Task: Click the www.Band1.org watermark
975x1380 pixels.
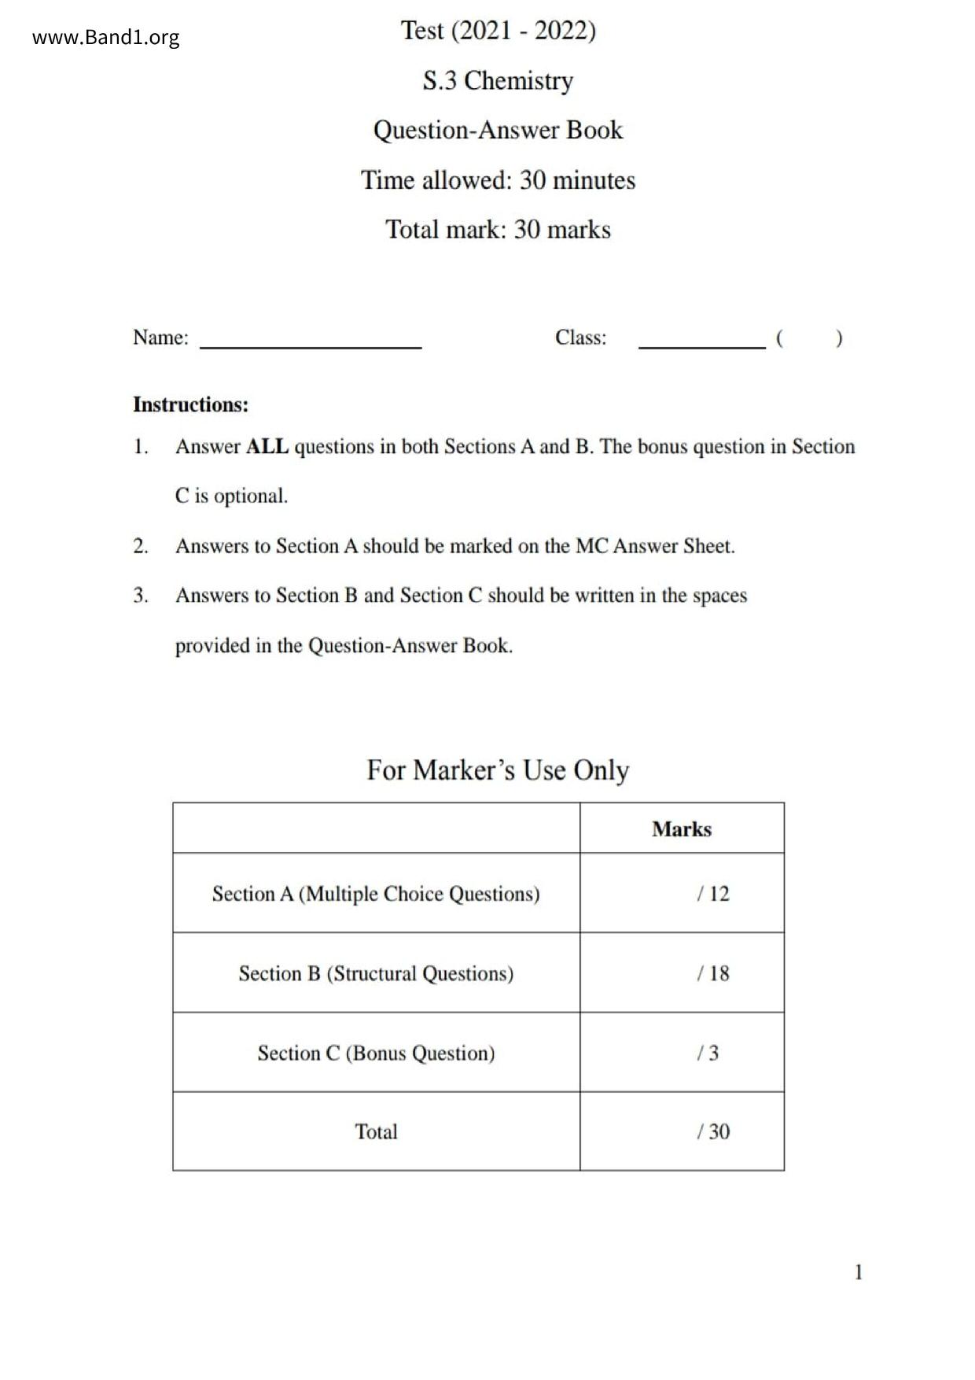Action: click(105, 38)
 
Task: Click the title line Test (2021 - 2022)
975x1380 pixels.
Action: click(498, 31)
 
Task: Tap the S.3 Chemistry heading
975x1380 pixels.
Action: click(498, 80)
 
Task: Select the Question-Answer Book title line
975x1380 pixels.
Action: click(498, 130)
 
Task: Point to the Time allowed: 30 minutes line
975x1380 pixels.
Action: click(498, 180)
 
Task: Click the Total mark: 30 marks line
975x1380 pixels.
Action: click(498, 230)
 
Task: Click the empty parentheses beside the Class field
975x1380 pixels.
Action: click(808, 338)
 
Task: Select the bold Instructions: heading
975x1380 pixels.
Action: click(190, 404)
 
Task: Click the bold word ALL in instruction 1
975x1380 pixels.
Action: click(267, 447)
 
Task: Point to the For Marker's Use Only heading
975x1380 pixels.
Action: click(498, 769)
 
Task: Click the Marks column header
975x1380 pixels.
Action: click(682, 829)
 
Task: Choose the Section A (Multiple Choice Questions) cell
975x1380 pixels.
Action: click(376, 894)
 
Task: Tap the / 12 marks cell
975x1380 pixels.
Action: click(712, 894)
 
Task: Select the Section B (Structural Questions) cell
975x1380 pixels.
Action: click(376, 973)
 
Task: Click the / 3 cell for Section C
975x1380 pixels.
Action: click(708, 1053)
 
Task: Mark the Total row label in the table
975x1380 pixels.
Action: click(376, 1131)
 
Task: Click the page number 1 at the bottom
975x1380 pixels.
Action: click(859, 1272)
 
